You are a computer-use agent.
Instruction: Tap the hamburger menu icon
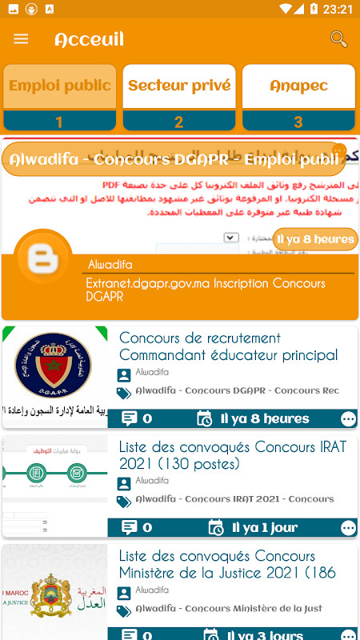(x=22, y=39)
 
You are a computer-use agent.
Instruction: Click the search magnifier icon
(x=338, y=38)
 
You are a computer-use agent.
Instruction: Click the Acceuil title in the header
(x=89, y=39)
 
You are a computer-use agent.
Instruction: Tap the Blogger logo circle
(x=42, y=257)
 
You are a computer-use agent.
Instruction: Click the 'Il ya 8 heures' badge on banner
(x=315, y=239)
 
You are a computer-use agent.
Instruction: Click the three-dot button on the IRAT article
(x=348, y=528)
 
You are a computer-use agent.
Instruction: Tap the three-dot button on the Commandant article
(x=348, y=418)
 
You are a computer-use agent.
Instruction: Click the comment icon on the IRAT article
(x=130, y=527)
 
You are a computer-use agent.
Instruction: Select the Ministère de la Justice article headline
(x=227, y=564)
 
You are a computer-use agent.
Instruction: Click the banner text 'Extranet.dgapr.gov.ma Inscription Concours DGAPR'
(x=206, y=290)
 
